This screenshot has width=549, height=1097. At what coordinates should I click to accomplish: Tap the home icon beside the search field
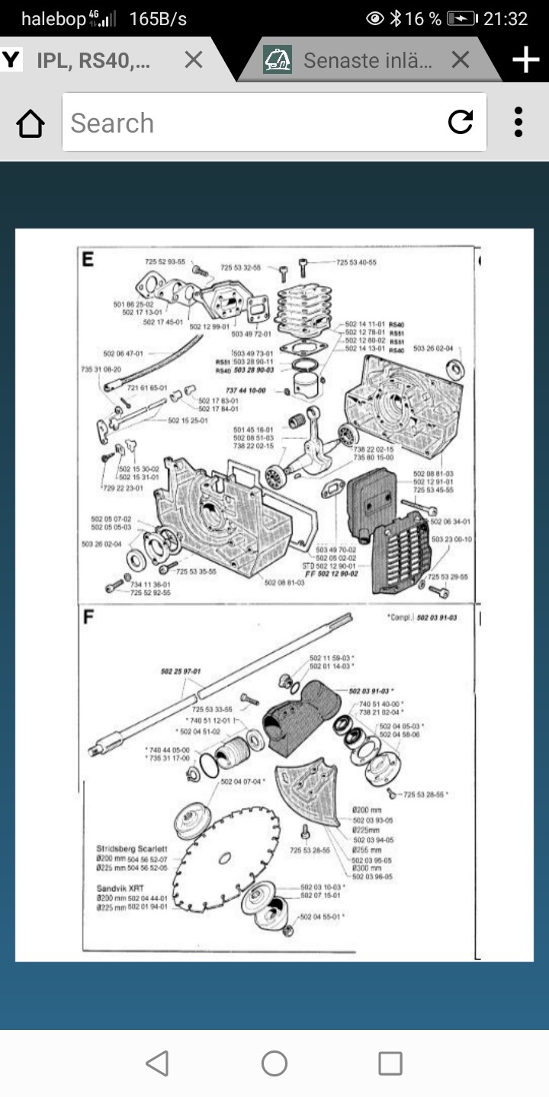[x=30, y=123]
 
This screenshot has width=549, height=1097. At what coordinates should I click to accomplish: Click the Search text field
[x=252, y=123]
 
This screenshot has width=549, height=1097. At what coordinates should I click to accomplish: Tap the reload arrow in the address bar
[x=461, y=122]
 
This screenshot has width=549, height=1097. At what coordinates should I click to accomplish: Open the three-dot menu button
[x=518, y=122]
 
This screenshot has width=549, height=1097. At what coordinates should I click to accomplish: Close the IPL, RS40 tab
[x=194, y=59]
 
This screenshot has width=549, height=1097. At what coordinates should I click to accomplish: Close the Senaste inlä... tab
[x=460, y=59]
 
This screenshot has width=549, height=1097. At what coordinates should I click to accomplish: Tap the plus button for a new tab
[x=526, y=59]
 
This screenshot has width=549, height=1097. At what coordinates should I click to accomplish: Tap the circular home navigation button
[x=274, y=1063]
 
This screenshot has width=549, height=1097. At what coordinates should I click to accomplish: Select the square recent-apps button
[x=390, y=1063]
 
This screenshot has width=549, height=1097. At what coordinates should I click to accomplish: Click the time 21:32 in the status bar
[x=506, y=18]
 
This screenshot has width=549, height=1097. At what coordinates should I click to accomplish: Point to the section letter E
[x=88, y=259]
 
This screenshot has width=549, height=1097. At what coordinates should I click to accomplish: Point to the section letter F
[x=88, y=616]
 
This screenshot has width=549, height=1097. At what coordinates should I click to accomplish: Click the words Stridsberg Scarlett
[x=131, y=848]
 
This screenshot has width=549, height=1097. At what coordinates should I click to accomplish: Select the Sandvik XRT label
[x=120, y=888]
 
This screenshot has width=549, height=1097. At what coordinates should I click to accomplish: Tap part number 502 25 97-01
[x=181, y=671]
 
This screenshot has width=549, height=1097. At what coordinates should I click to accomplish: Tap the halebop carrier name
[x=53, y=18]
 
